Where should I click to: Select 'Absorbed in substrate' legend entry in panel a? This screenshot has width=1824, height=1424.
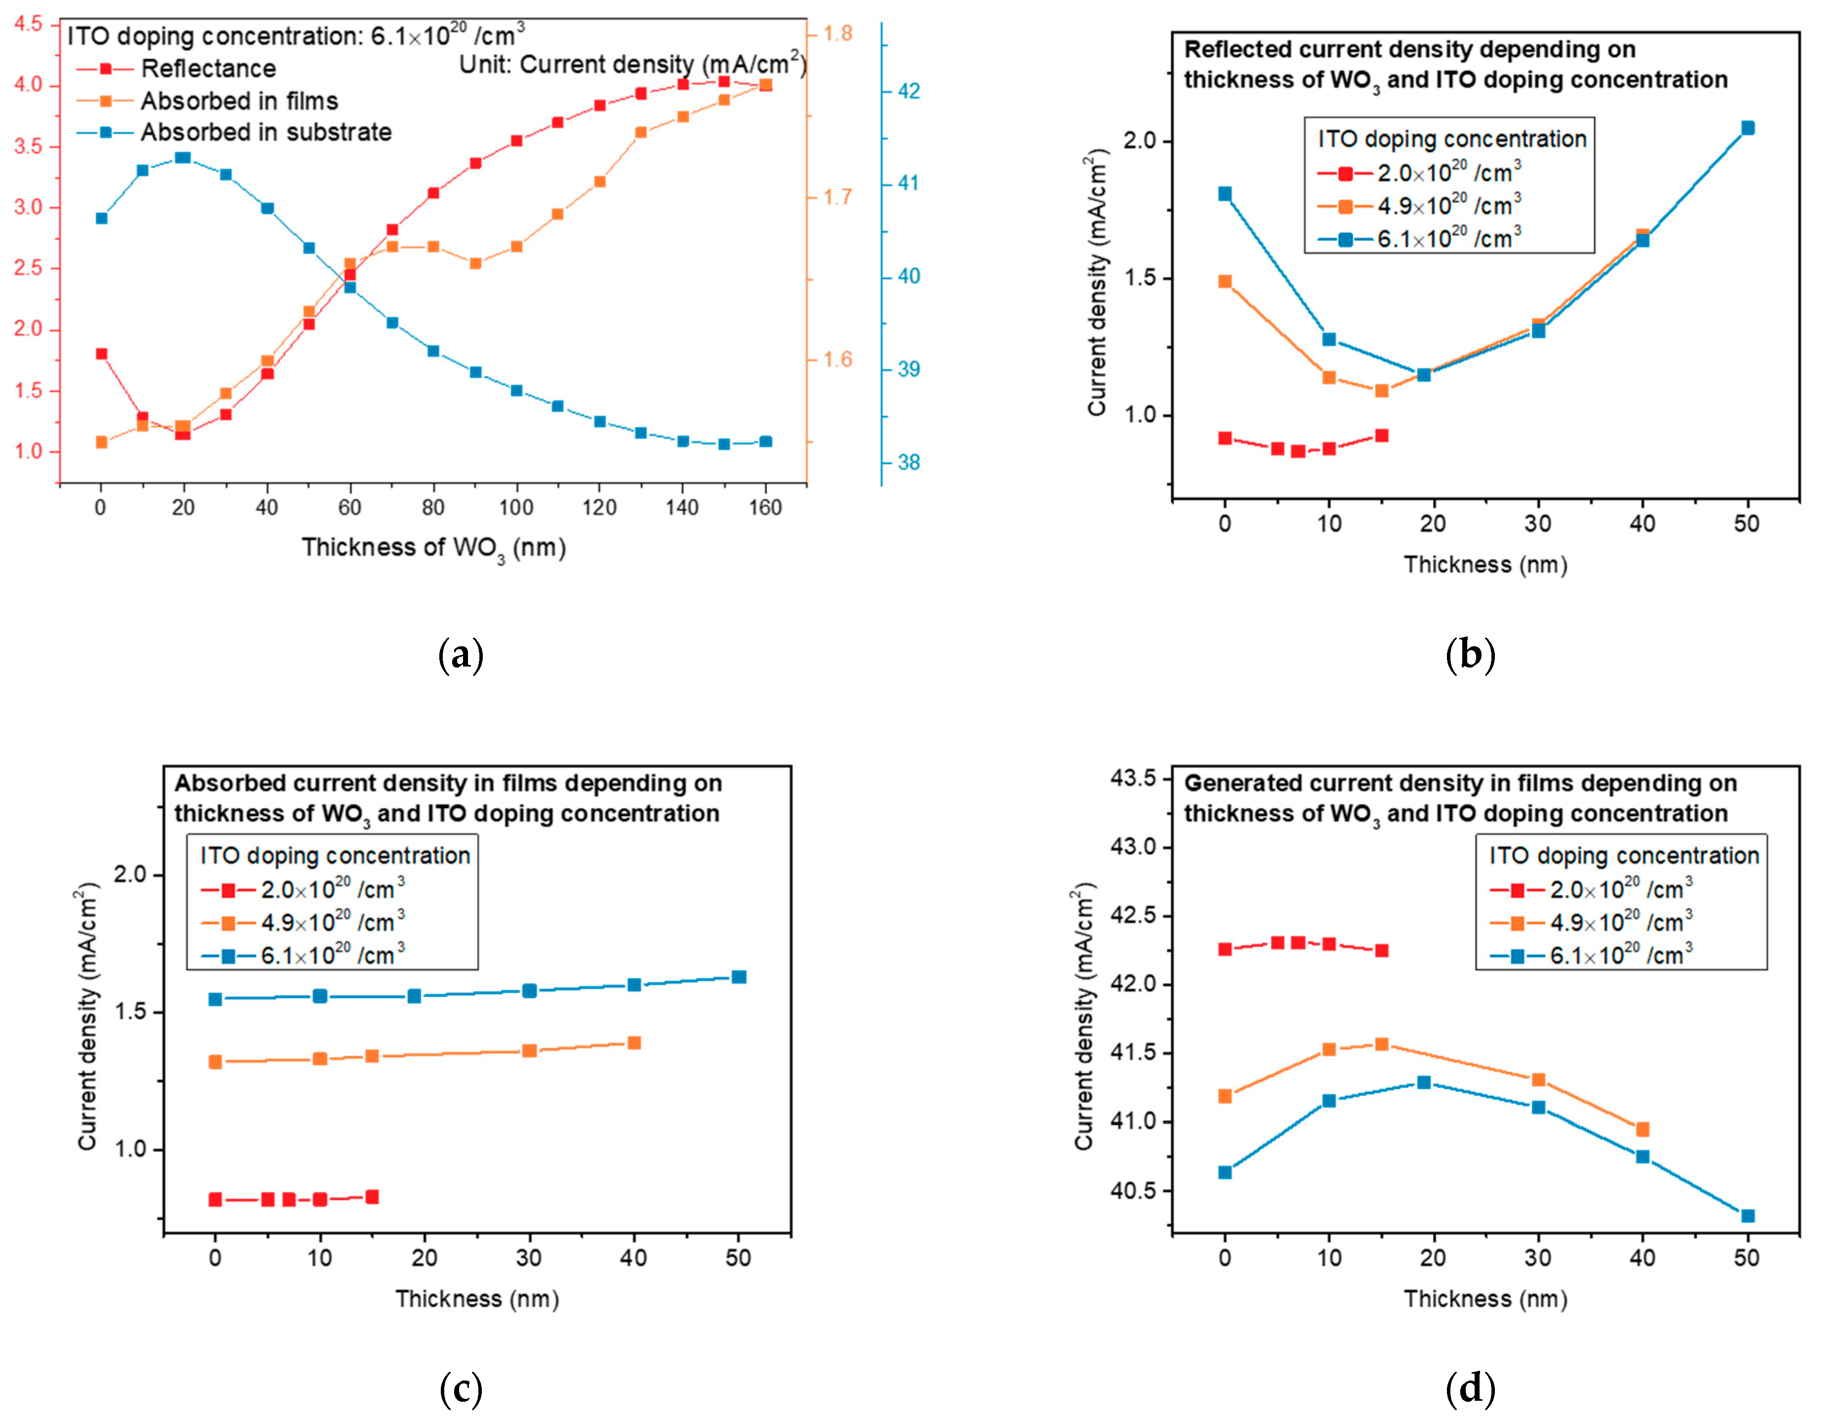tap(265, 132)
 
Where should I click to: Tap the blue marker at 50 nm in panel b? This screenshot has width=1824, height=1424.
tap(1747, 128)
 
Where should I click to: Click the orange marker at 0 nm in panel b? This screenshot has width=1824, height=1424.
tap(1225, 282)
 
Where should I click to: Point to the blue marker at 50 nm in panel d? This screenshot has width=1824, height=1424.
tap(1747, 1216)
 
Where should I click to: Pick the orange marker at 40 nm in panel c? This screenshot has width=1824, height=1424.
tap(634, 1043)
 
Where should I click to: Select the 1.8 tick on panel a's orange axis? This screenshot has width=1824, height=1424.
tap(838, 34)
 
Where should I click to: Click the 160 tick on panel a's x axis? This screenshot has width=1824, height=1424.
tap(765, 507)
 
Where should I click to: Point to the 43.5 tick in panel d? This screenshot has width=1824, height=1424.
tap(1133, 778)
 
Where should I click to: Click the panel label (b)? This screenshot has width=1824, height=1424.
tap(1469, 655)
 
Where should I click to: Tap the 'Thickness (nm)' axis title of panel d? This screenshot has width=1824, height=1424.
tap(1485, 1298)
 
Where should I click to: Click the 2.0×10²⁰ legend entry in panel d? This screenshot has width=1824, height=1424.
tap(1620, 889)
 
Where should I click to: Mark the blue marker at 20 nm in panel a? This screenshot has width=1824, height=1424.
tap(184, 157)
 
